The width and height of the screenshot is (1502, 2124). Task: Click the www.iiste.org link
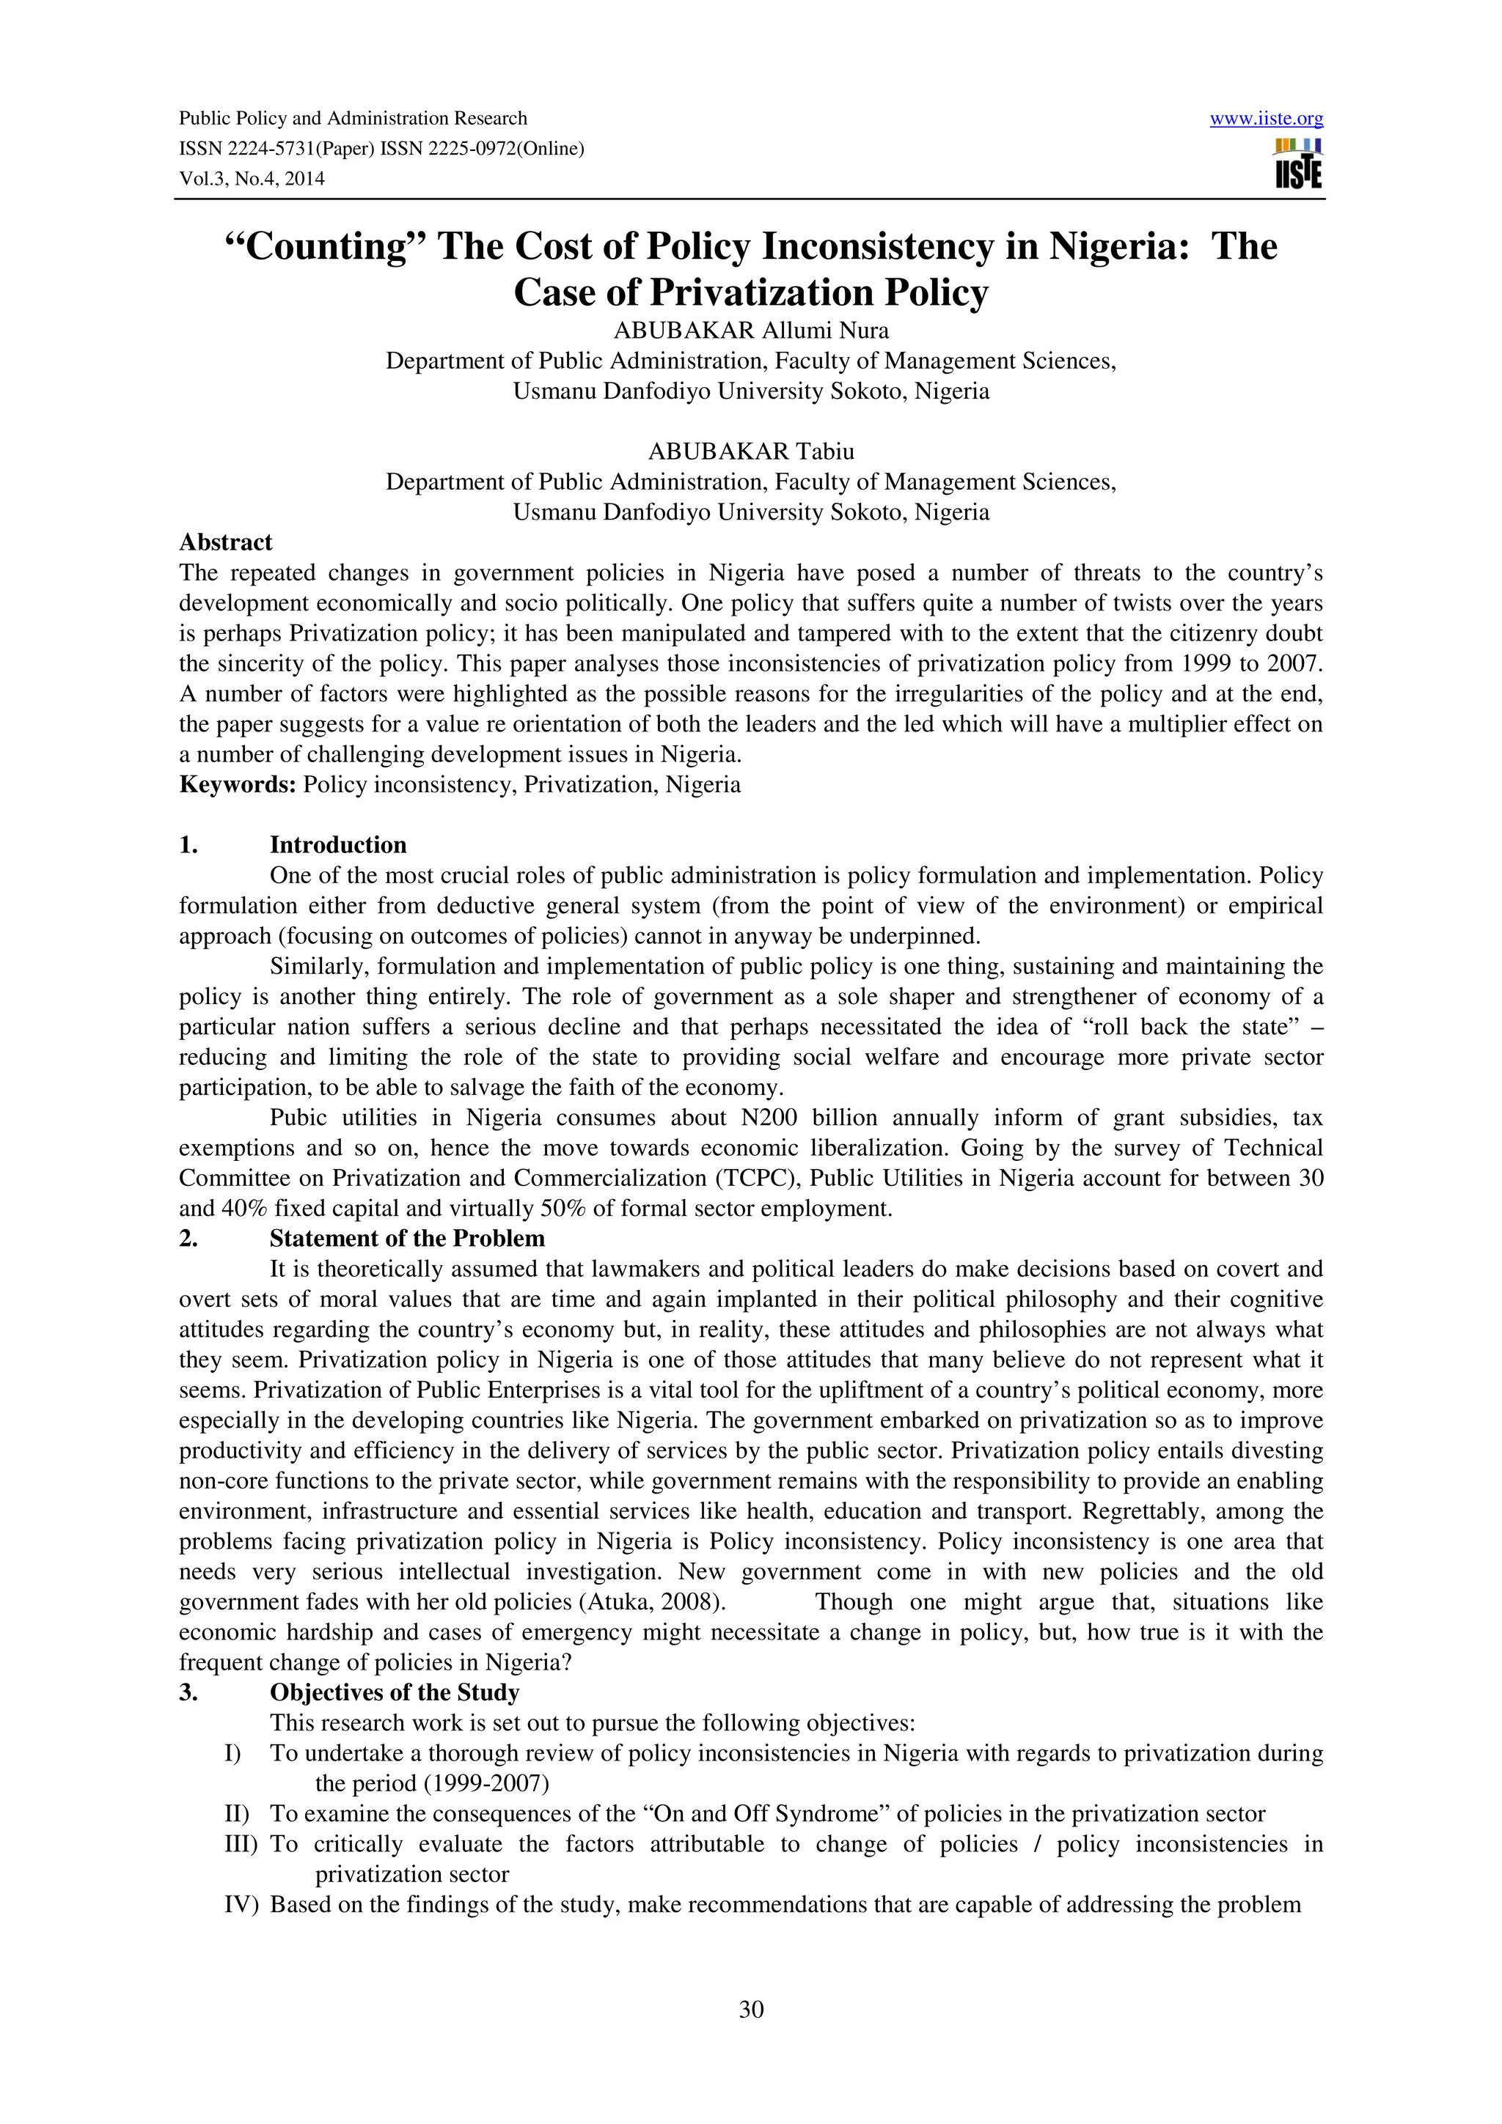tap(1266, 119)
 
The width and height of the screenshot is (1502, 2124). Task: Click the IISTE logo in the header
tap(1297, 163)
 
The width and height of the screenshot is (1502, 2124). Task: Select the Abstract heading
tap(226, 542)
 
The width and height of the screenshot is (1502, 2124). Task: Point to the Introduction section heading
tap(338, 844)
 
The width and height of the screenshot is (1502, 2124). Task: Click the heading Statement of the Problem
tap(407, 1239)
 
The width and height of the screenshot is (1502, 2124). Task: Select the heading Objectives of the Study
tap(395, 1692)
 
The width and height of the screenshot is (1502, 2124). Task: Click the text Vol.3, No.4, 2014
tap(252, 180)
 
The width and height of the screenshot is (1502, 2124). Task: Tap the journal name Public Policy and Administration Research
tap(353, 119)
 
